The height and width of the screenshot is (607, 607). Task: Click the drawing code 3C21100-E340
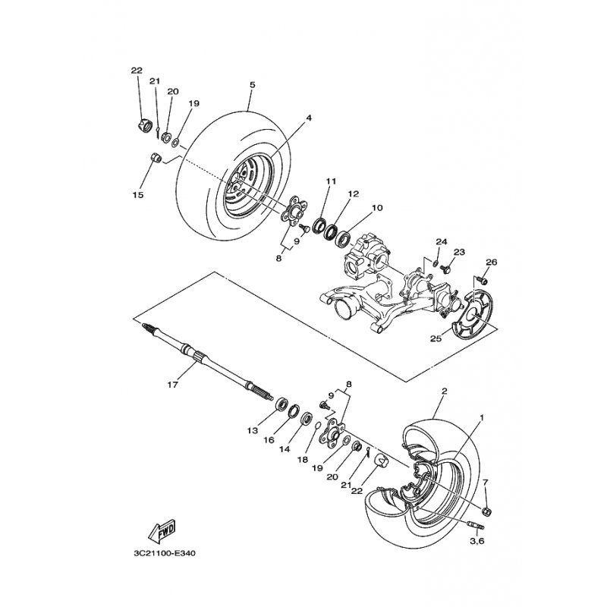pos(165,553)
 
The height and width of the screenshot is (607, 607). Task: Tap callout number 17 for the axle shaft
pos(173,385)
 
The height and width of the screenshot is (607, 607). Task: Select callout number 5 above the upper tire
pos(253,84)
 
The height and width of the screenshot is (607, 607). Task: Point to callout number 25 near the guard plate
pos(436,338)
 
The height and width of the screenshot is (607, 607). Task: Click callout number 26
pos(491,262)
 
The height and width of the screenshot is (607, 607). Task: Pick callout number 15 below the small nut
pos(138,195)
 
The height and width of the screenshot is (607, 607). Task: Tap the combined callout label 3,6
pos(477,541)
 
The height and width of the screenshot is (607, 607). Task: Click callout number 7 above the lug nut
pos(486,482)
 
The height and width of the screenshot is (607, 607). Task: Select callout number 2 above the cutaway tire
pos(444,391)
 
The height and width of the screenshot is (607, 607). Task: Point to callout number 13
pos(253,430)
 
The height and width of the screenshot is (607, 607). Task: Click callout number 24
pos(442,241)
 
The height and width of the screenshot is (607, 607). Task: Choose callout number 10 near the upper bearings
pos(376,208)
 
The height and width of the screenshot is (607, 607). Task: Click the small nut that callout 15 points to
pos(156,158)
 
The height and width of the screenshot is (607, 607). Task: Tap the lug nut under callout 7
pos(487,511)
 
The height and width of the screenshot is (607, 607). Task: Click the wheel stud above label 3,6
pos(476,526)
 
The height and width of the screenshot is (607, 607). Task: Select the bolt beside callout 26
pos(483,278)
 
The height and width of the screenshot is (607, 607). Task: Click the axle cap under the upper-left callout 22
pos(143,125)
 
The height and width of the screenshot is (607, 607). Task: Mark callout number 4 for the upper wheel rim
pos(309,118)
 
